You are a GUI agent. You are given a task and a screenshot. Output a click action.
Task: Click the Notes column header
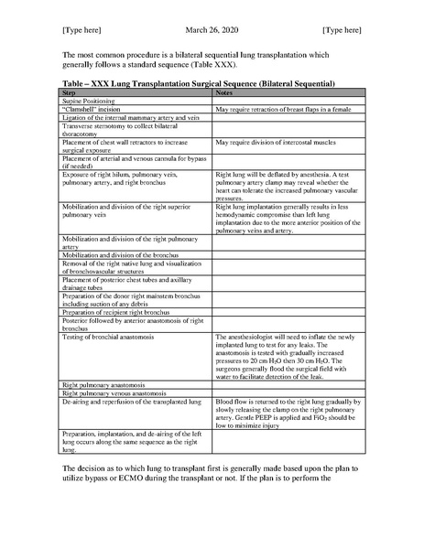pyautogui.click(x=223, y=93)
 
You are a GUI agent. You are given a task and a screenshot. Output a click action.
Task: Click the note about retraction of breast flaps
pyautogui.click(x=281, y=109)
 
